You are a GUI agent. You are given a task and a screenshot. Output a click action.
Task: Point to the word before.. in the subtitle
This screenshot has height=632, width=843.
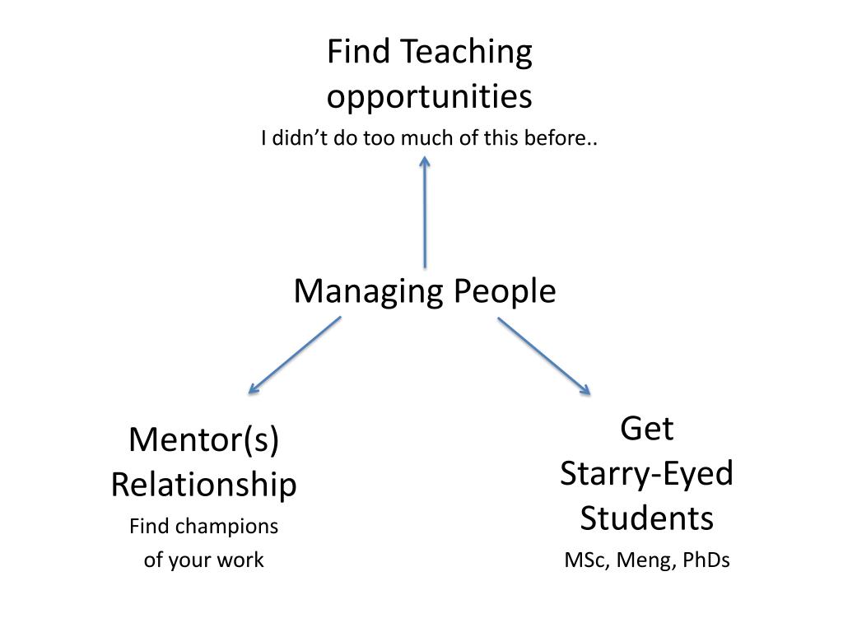tap(568, 138)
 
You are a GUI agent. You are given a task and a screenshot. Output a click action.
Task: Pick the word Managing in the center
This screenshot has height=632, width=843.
tap(358, 292)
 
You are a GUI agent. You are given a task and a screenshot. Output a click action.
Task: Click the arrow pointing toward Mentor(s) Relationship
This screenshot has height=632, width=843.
tap(294, 355)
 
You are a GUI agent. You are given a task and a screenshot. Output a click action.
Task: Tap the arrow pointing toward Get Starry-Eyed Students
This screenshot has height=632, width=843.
tap(544, 355)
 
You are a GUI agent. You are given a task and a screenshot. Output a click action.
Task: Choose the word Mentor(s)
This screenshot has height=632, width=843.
tap(203, 440)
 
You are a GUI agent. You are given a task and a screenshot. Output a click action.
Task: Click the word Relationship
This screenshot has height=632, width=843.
tap(203, 485)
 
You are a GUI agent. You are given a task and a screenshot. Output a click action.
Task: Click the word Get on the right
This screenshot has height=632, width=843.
tap(646, 429)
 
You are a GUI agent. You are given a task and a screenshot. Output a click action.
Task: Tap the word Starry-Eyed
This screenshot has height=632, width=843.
tap(646, 474)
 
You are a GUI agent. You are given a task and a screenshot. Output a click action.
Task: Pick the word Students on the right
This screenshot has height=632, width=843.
tap(646, 519)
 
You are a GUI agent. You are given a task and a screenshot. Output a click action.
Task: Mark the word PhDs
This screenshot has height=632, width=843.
tap(706, 561)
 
